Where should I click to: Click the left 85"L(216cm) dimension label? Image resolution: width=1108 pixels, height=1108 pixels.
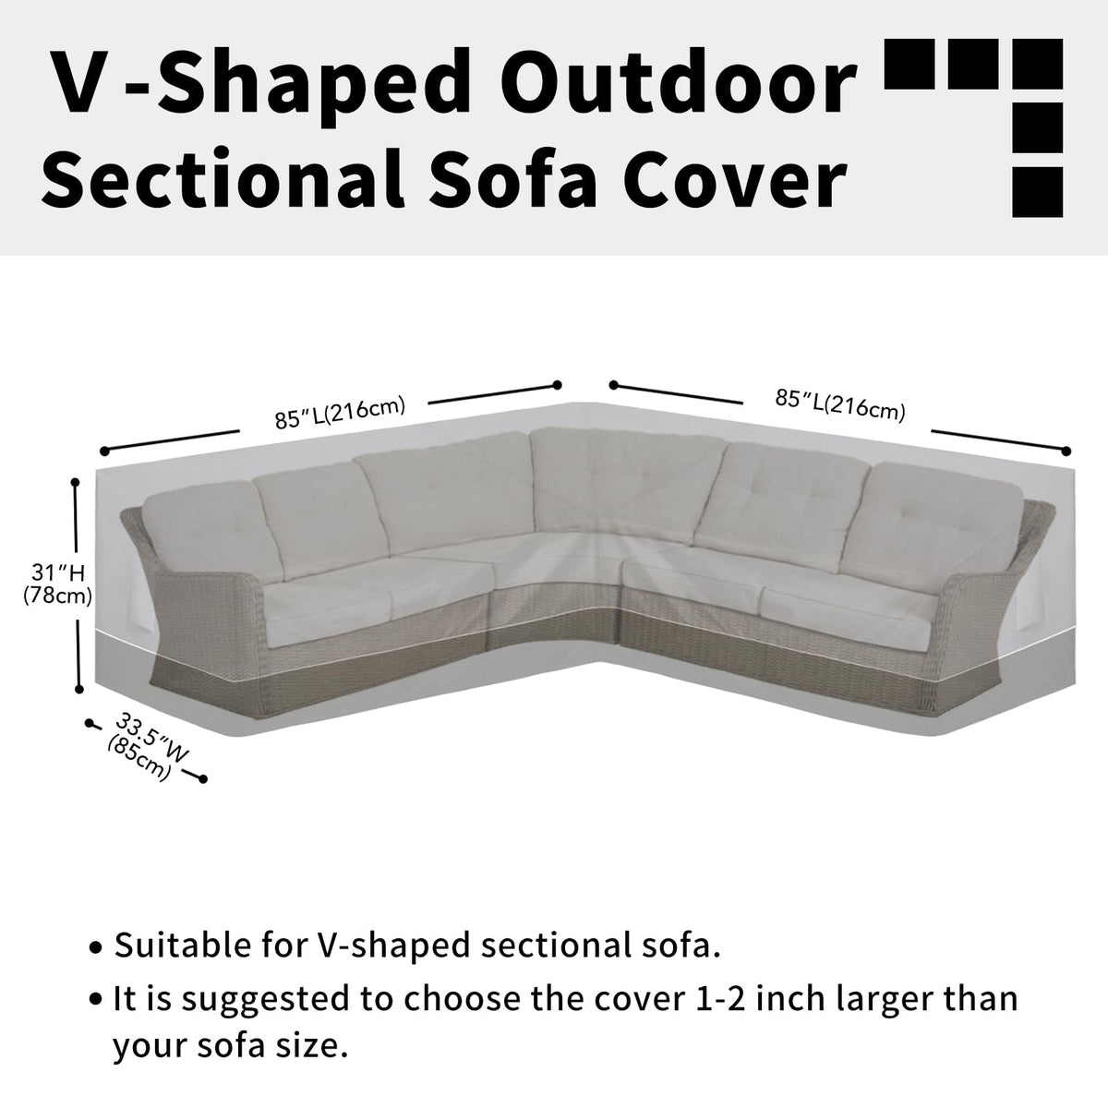pyautogui.click(x=340, y=413)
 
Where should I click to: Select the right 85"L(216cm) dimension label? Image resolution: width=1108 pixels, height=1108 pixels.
pyautogui.click(x=840, y=404)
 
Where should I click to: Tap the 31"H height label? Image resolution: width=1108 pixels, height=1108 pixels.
pyautogui.click(x=58, y=572)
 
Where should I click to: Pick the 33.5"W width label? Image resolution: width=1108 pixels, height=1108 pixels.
pyautogui.click(x=151, y=740)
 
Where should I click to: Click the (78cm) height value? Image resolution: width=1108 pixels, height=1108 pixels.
pyautogui.click(x=57, y=596)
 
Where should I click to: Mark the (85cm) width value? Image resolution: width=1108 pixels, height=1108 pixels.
pyautogui.click(x=139, y=759)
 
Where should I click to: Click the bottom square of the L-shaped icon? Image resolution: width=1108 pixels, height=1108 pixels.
pyautogui.click(x=1037, y=192)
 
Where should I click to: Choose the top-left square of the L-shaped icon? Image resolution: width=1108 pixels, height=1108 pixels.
pyautogui.click(x=909, y=64)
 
